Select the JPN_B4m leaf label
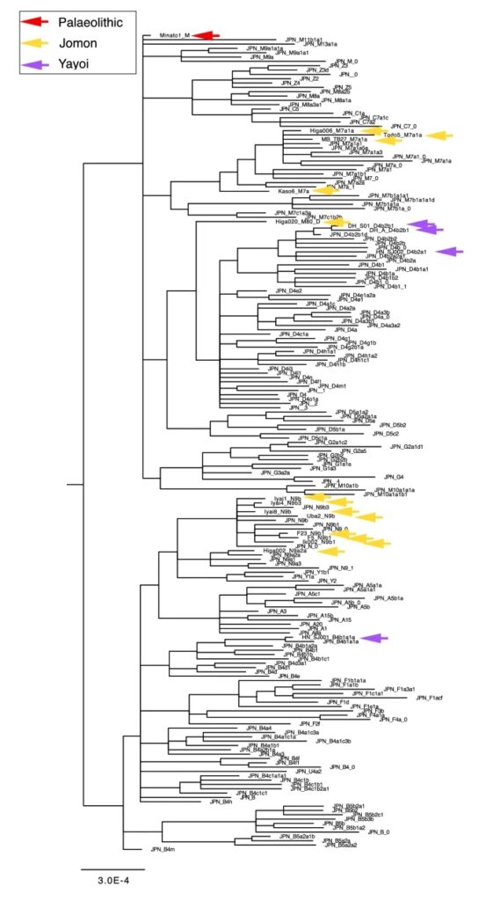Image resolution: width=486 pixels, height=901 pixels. pos(163,849)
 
